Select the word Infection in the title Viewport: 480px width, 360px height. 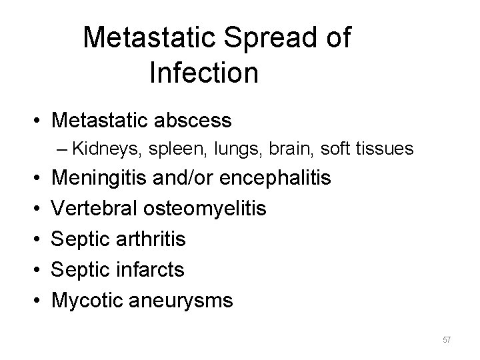coord(204,73)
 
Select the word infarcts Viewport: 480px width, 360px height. coord(157,270)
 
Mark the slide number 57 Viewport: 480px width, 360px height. coord(447,340)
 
